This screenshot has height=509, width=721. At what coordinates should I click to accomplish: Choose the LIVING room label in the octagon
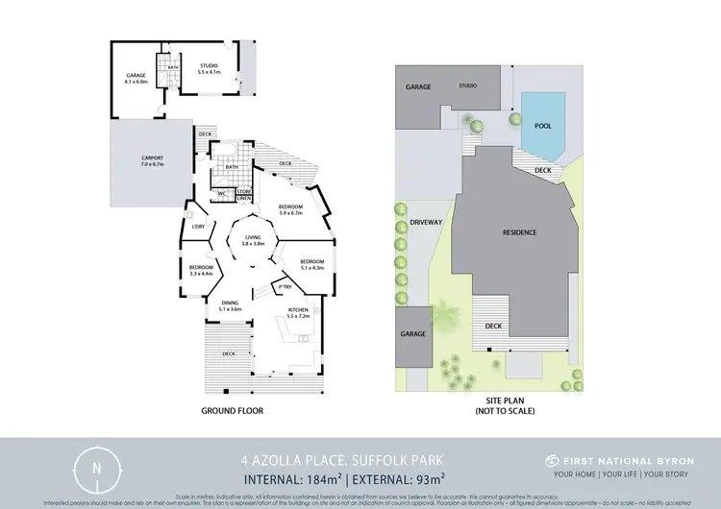pos(254,239)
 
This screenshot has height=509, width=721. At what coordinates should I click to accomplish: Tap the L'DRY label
pos(199,227)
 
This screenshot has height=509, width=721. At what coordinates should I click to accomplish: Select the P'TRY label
pos(285,286)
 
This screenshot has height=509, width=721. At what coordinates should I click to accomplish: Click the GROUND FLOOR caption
pos(232,410)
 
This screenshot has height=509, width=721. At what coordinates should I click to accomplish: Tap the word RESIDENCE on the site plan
pos(519,233)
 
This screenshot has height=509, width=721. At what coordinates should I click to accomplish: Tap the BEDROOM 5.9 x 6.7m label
pos(290,210)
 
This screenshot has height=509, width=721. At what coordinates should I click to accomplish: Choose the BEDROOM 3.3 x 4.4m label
pos(200,270)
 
